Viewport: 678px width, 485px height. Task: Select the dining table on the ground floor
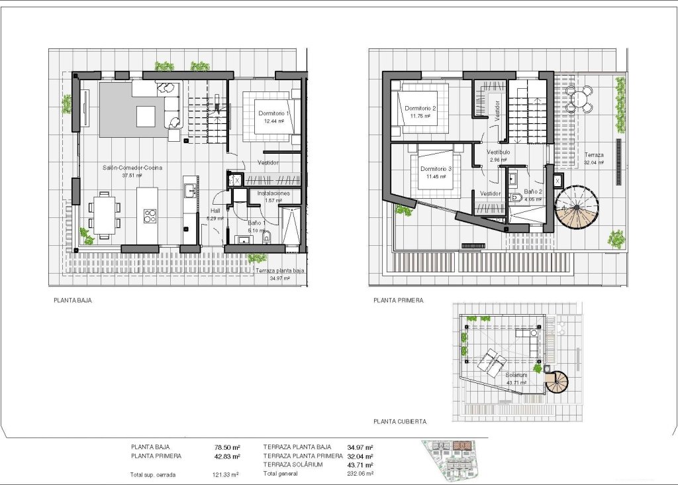click(105, 215)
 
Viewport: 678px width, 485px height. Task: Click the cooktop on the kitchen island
click(150, 216)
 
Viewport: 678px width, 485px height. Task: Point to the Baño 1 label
click(257, 223)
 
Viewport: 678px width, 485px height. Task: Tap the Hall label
click(215, 210)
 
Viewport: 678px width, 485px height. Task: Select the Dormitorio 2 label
click(420, 108)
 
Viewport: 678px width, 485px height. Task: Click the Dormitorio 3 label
click(436, 169)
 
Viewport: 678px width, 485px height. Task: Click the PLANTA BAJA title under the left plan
click(72, 300)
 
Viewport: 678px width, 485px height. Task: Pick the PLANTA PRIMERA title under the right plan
click(398, 300)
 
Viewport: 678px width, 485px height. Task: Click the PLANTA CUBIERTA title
click(400, 421)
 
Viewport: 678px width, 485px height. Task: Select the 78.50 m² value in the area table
click(227, 448)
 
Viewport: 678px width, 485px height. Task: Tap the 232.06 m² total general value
click(360, 474)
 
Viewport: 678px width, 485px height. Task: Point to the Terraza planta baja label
click(279, 270)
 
